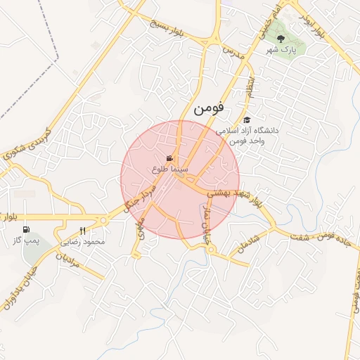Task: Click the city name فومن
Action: point(208,109)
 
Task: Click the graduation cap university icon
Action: point(247,120)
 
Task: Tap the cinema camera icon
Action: point(169,158)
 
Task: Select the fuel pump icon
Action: point(26,229)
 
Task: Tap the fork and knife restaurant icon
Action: point(83,231)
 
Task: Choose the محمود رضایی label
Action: point(84,242)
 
